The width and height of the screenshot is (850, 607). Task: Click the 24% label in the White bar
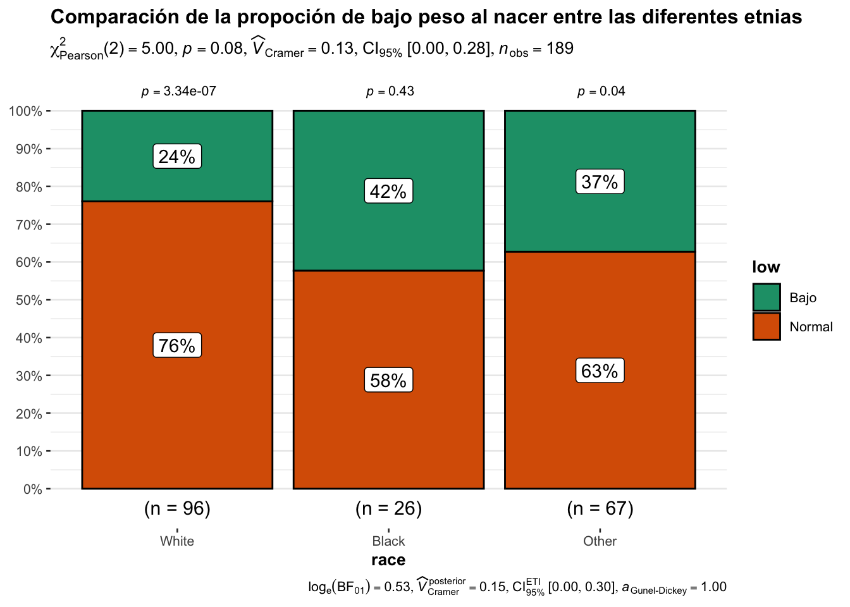[177, 156]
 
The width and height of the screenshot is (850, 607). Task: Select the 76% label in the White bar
[177, 345]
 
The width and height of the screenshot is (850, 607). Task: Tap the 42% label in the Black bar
[388, 191]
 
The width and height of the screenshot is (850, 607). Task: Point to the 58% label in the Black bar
[388, 380]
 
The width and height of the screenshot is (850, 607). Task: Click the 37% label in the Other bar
[600, 181]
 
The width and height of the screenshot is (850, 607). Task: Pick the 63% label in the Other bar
[600, 371]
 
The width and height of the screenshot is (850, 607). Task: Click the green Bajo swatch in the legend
[767, 297]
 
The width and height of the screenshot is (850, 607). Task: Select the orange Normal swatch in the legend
[767, 326]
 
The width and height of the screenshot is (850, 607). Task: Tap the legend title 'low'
[766, 267]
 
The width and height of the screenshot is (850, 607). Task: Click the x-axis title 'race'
[388, 560]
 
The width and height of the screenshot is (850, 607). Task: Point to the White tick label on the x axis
[177, 541]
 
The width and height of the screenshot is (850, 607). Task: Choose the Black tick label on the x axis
[388, 541]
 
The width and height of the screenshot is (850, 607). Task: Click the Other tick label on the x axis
[600, 541]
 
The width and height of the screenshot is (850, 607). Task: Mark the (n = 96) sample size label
[177, 508]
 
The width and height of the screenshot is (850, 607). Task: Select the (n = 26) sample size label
[388, 508]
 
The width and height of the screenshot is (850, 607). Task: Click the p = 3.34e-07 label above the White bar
[178, 91]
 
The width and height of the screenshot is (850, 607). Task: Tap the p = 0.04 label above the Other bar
[601, 91]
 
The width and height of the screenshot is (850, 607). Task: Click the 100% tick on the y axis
[25, 111]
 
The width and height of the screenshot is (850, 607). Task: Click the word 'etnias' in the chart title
[772, 17]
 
